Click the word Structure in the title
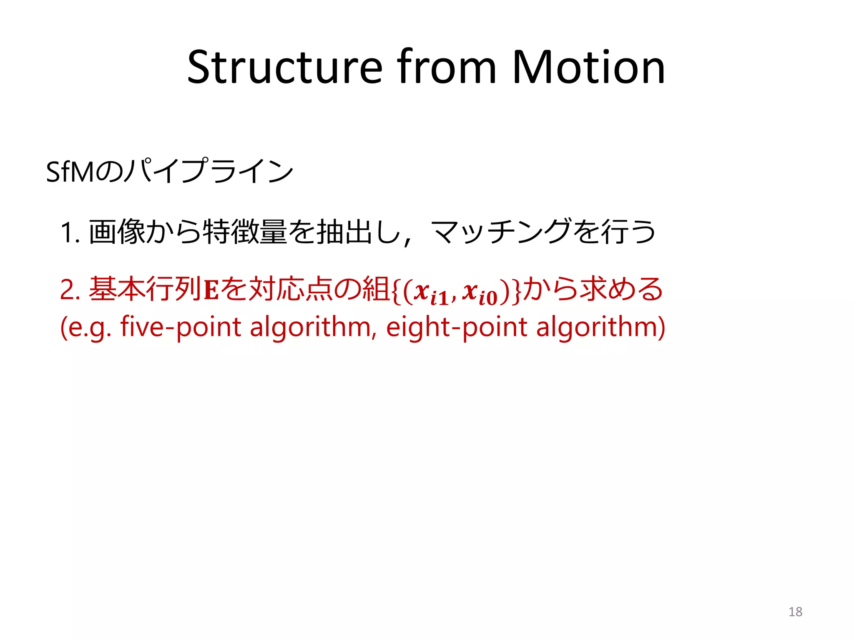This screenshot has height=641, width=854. pyautogui.click(x=284, y=68)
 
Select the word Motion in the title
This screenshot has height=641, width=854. pyautogui.click(x=588, y=68)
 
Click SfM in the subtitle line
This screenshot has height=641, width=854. pyautogui.click(x=70, y=172)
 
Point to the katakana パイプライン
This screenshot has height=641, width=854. pyautogui.click(x=208, y=171)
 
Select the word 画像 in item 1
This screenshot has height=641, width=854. pyautogui.click(x=117, y=232)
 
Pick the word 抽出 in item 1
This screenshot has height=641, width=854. pyautogui.click(x=344, y=232)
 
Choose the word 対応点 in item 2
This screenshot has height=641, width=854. pyautogui.click(x=290, y=289)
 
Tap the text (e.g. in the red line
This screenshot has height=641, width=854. pyautogui.click(x=85, y=328)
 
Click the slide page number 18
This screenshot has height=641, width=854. pyautogui.click(x=795, y=612)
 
